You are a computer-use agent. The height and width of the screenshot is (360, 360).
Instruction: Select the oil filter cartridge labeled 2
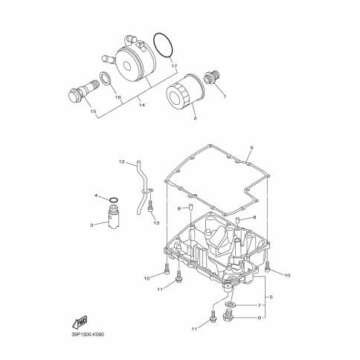pos(185,91)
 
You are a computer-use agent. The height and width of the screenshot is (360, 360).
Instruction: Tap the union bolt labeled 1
pos(211,77)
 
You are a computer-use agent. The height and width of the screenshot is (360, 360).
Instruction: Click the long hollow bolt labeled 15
pos(83,91)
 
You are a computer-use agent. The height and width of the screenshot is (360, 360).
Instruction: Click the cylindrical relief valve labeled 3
pos(114,216)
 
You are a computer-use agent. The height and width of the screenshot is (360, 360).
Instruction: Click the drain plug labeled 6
pos(228,315)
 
